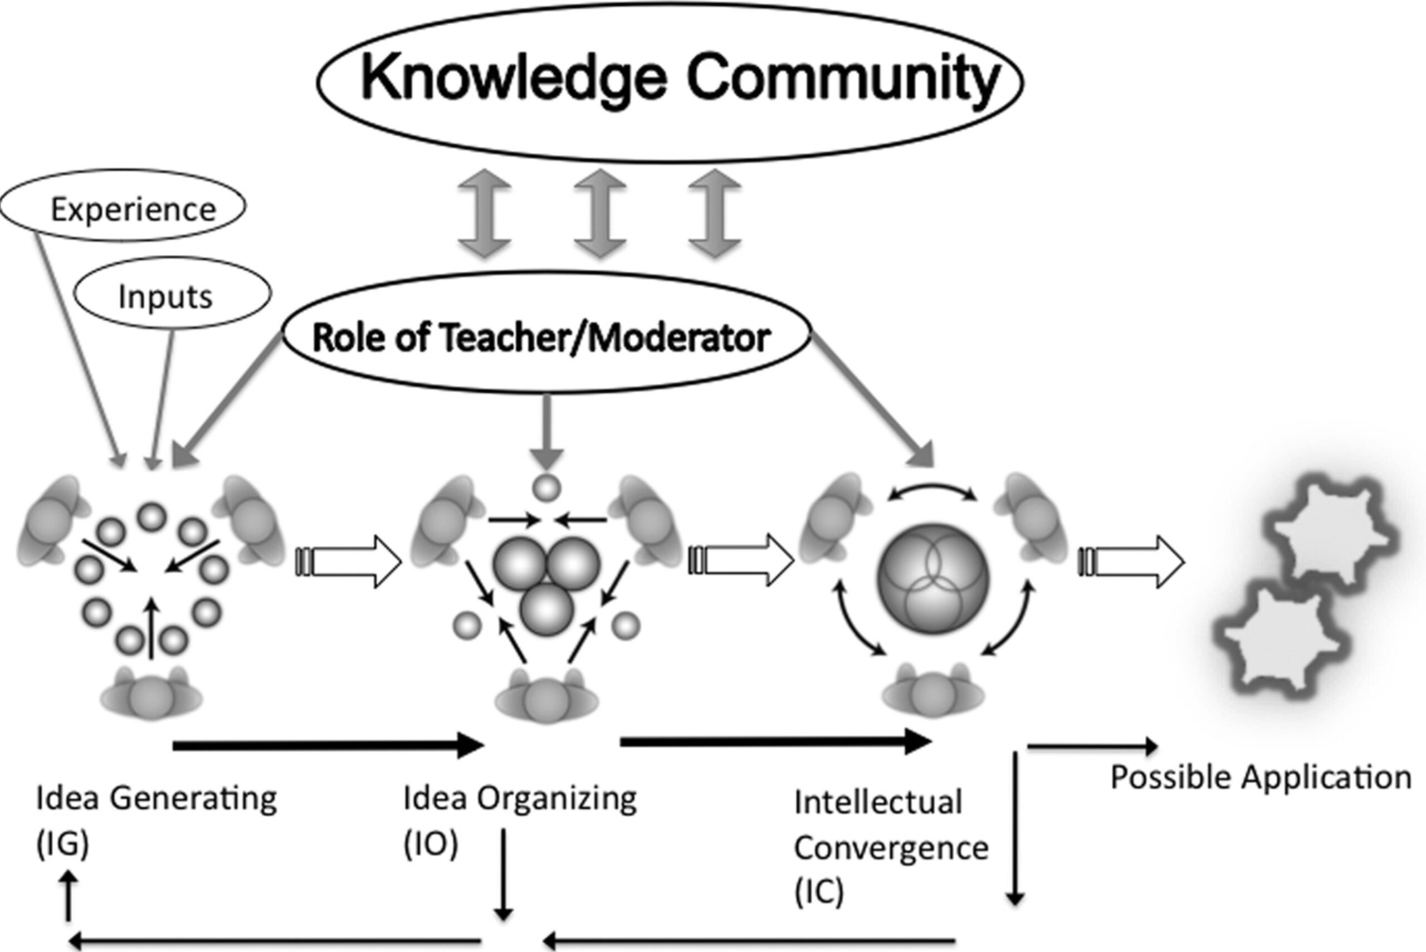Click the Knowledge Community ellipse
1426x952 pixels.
[670, 82]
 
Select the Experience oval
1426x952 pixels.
[123, 207]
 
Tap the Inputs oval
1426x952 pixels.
[173, 295]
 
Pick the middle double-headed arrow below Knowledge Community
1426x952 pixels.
[600, 214]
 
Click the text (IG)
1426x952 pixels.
[62, 844]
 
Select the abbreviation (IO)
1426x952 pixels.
[431, 844]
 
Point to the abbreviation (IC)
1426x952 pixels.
[819, 891]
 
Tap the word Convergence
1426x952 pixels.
[891, 848]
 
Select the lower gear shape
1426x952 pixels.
[1281, 637]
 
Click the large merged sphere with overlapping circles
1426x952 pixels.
[933, 579]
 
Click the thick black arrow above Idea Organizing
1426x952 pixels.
[328, 745]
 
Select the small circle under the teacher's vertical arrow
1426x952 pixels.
[546, 487]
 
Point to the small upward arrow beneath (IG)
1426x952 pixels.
[69, 896]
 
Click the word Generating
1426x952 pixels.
[194, 798]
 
